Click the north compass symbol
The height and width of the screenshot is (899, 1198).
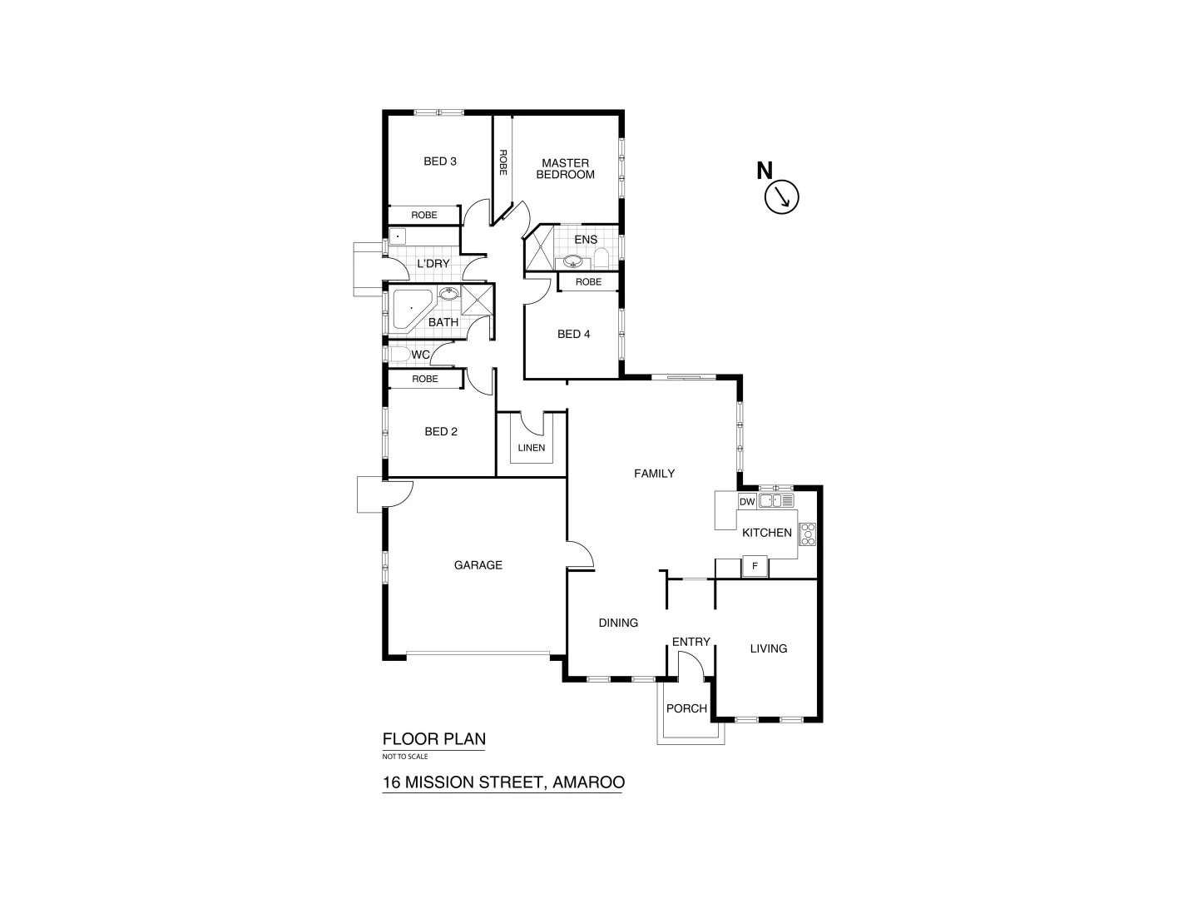[x=781, y=196]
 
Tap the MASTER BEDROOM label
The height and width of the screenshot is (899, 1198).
[x=565, y=169]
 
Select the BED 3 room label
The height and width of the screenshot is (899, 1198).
[x=440, y=161]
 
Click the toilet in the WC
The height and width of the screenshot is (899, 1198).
[x=399, y=355]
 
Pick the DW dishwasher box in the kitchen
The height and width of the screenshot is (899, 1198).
[x=746, y=501]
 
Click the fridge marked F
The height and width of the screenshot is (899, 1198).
[x=755, y=567]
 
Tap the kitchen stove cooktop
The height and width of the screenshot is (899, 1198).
[x=807, y=534]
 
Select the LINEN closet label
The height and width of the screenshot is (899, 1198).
[x=532, y=448]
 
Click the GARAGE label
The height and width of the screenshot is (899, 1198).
[x=478, y=565]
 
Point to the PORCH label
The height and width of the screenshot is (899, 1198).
[x=686, y=708]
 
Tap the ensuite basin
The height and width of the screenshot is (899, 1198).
[x=572, y=262]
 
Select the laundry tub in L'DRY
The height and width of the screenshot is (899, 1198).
[x=399, y=236]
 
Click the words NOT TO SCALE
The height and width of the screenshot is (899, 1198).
[x=405, y=757]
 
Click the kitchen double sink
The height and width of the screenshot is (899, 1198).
[x=777, y=500]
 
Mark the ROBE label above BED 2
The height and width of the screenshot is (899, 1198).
[x=425, y=379]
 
